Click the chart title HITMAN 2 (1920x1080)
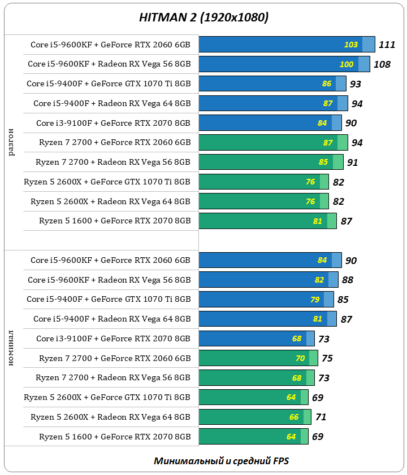203,17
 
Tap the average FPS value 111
387,45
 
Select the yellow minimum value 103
351,45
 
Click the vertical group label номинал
12,348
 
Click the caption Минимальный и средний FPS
221,461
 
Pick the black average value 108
382,64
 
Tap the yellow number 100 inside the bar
347,64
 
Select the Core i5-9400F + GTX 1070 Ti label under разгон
109,83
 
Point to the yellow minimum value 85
323,162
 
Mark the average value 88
348,280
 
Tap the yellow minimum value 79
315,300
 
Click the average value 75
327,358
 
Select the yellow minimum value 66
294,417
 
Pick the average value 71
321,417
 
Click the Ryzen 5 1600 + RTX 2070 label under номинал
115,437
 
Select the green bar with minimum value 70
254,358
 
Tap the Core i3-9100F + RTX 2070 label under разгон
113,123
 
